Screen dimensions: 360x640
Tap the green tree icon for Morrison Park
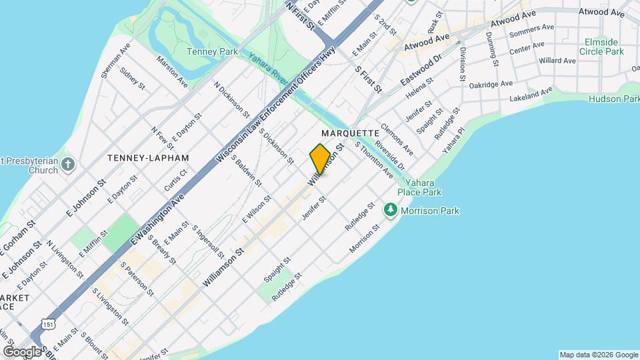tap(390, 211)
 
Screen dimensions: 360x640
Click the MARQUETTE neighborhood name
tap(350, 133)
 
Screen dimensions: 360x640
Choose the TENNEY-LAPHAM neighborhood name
tap(148, 158)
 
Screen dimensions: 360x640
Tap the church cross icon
tap(69, 164)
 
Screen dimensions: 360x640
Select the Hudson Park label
tap(614, 99)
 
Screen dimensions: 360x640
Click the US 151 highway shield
tap(47, 323)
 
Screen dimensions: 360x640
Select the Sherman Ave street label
tap(115, 61)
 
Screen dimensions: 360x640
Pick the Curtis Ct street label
tap(176, 180)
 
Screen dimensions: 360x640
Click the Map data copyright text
tap(598, 354)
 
